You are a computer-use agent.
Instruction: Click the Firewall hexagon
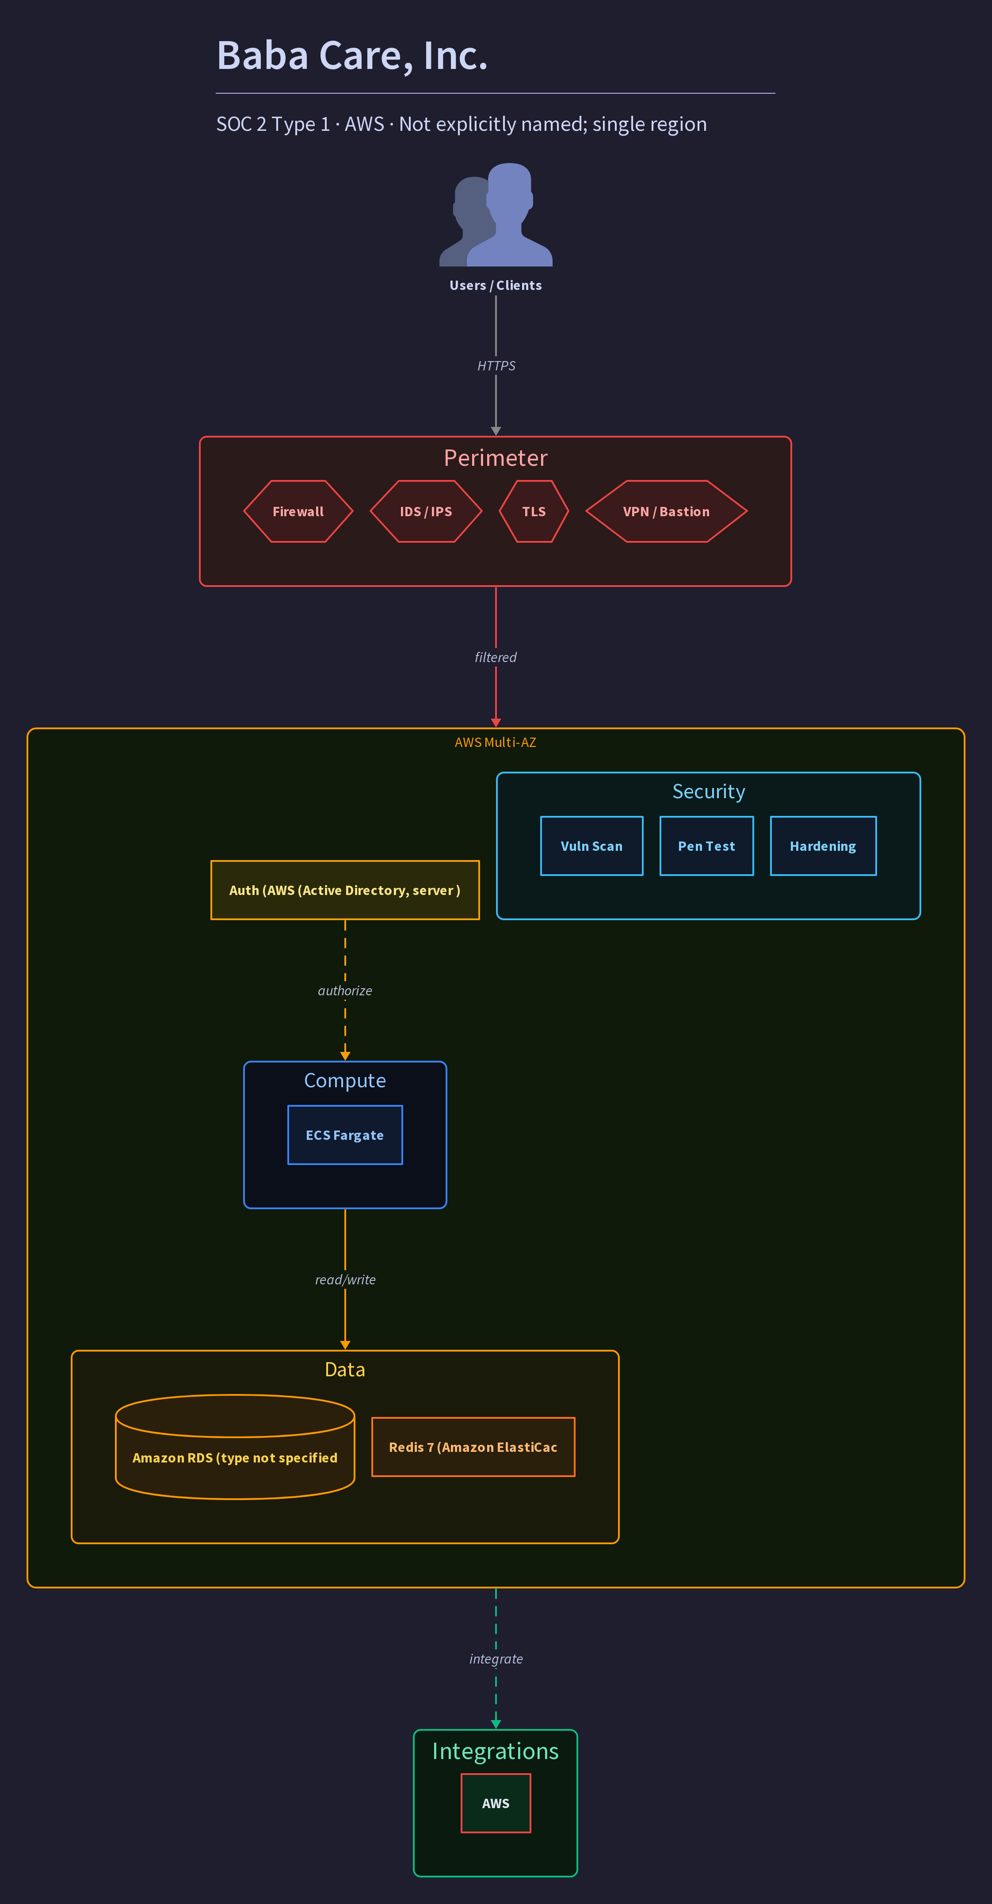click(298, 511)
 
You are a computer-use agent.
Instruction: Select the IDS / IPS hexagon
click(426, 511)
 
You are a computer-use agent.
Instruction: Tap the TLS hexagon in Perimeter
click(534, 511)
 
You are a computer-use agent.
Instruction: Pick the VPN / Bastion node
click(666, 511)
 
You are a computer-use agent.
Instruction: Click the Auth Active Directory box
click(345, 890)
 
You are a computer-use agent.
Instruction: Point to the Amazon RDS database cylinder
click(235, 1447)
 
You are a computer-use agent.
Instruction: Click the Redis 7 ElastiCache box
click(473, 1447)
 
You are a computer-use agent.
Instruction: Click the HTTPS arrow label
click(496, 366)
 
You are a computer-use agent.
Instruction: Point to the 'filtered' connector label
click(496, 657)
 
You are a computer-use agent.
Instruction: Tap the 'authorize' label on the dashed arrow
click(345, 990)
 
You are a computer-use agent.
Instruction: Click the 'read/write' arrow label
click(345, 1279)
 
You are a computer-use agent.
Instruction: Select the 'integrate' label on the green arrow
click(496, 1659)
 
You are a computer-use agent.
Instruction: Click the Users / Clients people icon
click(496, 214)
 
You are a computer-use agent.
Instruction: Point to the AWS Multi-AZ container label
click(496, 742)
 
